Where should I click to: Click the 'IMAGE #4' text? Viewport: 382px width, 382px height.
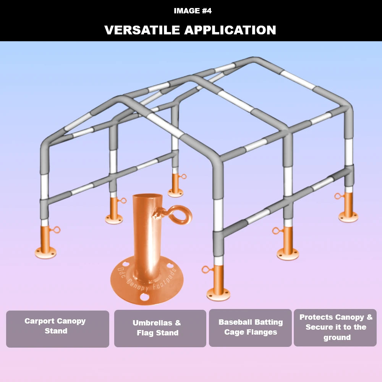[193, 11]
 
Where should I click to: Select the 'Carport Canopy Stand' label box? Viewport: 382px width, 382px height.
[58, 329]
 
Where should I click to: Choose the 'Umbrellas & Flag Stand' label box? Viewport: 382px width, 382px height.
[160, 328]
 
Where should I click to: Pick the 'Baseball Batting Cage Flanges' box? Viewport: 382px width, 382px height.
[250, 327]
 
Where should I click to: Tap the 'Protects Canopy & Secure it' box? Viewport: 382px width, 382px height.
[335, 327]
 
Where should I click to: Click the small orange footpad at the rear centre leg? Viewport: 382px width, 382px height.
[175, 185]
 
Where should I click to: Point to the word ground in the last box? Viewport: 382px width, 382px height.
[337, 337]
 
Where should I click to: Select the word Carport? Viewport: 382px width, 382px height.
[39, 321]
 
